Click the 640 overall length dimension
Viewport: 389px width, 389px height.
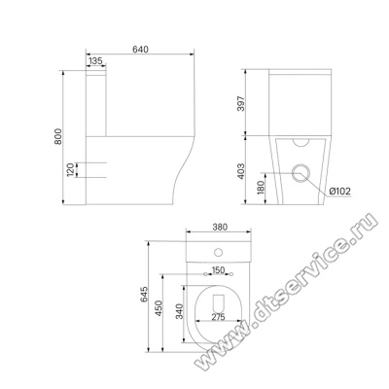coord(140,50)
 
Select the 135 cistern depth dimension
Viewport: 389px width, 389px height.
coord(95,60)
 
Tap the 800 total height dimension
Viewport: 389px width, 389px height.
coord(57,136)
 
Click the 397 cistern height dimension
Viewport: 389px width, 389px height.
coord(241,103)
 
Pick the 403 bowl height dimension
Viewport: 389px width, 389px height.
coord(241,171)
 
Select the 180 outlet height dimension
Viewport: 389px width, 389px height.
coord(262,189)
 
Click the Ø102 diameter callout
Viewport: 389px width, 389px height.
coord(340,192)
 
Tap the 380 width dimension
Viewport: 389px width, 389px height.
coord(220,228)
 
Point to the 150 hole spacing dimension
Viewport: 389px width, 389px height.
coord(218,269)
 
